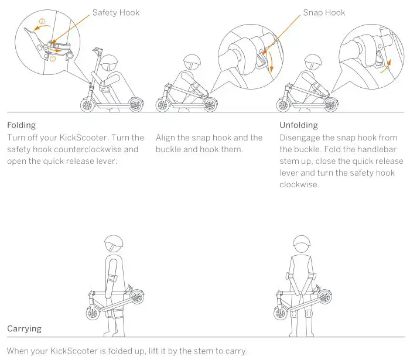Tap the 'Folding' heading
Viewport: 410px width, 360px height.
22,125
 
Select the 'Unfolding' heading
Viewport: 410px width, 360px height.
299,125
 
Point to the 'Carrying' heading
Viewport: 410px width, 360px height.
25,328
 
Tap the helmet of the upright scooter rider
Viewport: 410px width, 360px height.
109,61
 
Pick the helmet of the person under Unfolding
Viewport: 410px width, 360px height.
310,62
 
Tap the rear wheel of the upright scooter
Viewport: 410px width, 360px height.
136,105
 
